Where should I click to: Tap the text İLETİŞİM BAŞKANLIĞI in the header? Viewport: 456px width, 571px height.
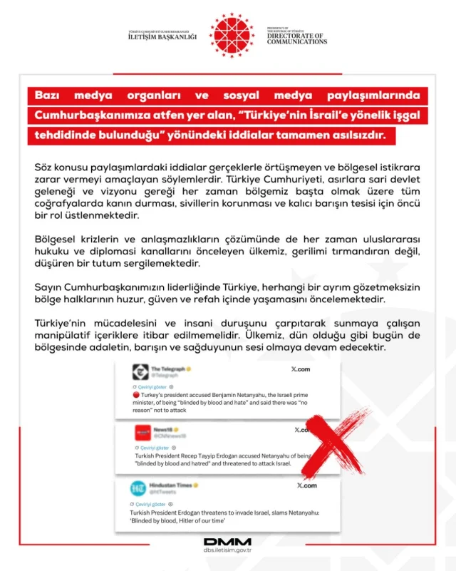point(159,38)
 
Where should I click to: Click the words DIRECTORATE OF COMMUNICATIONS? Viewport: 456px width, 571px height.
point(297,38)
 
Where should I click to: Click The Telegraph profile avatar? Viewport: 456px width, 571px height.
point(140,371)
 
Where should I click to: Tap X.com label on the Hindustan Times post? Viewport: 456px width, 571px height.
point(306,485)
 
